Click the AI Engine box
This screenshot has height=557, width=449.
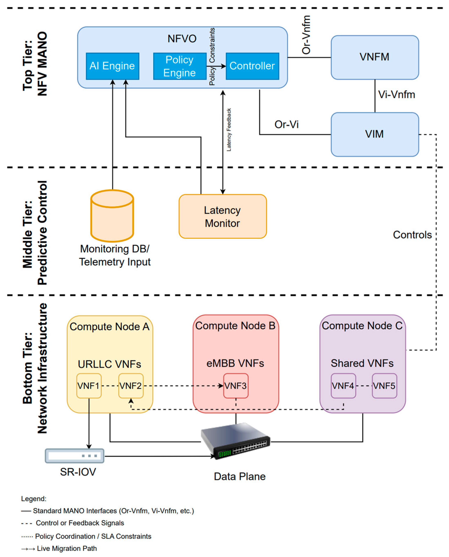coord(112,66)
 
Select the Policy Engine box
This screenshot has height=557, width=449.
coord(180,66)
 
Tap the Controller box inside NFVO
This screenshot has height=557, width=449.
coord(252,66)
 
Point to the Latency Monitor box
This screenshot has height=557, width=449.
coord(223,216)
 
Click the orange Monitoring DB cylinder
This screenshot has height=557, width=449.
coord(112,216)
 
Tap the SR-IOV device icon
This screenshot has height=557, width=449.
coord(75,456)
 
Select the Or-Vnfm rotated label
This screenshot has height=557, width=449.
coord(306,35)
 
